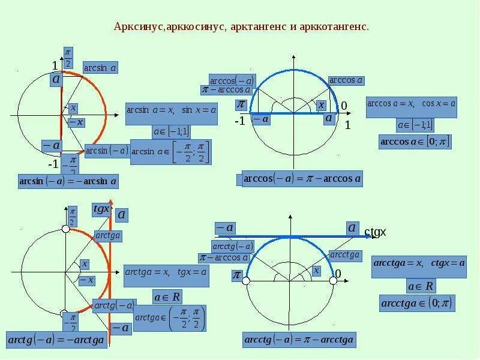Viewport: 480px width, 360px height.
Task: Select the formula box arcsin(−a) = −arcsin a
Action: pos(68,181)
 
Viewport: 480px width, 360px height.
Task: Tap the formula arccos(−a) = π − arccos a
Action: pos(302,179)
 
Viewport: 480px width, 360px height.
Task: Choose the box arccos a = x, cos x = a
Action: pos(411,103)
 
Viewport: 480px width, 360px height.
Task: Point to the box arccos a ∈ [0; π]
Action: pos(415,142)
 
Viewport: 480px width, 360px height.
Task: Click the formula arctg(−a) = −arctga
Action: pos(56,340)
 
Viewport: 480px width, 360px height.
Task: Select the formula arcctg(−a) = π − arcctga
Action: pos(299,340)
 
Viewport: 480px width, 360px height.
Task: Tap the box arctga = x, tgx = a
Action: pos(166,271)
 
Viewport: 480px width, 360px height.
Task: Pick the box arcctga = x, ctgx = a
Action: pos(419,263)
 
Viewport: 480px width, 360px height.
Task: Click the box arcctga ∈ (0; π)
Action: pos(417,304)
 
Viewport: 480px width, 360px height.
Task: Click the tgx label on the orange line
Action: pos(101,209)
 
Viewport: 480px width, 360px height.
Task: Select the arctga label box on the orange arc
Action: pos(108,236)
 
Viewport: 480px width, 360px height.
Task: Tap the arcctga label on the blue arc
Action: pos(345,255)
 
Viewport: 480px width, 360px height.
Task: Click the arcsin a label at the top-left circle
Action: pos(100,68)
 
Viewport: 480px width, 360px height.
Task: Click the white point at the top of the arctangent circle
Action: pos(66,229)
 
